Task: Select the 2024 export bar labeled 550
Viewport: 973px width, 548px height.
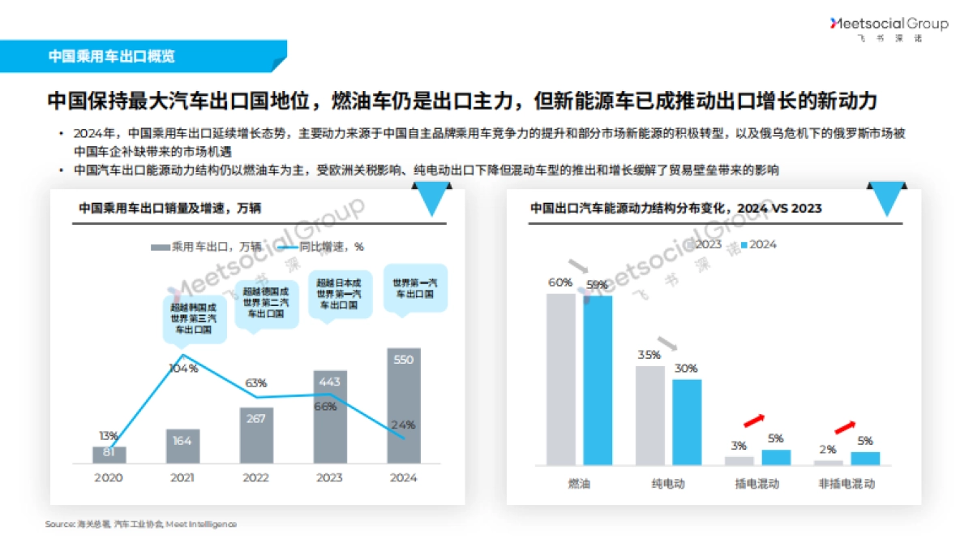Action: click(403, 406)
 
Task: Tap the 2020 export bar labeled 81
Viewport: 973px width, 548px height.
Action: click(109, 455)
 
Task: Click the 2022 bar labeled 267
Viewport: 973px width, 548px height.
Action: click(256, 435)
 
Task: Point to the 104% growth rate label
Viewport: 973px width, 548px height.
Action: click(182, 369)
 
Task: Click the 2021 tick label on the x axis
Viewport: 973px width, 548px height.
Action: click(182, 477)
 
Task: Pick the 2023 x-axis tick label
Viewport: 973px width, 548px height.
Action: click(330, 477)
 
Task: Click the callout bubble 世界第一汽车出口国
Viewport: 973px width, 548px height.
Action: click(414, 289)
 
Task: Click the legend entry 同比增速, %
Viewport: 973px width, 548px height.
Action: click(319, 247)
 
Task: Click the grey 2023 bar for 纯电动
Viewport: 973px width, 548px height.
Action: click(649, 415)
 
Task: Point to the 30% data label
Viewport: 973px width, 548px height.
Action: click(686, 368)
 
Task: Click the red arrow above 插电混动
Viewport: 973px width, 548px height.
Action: click(753, 420)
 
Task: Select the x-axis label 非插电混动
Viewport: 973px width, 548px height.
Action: click(847, 484)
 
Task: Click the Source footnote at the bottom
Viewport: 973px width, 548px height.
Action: click(141, 524)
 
